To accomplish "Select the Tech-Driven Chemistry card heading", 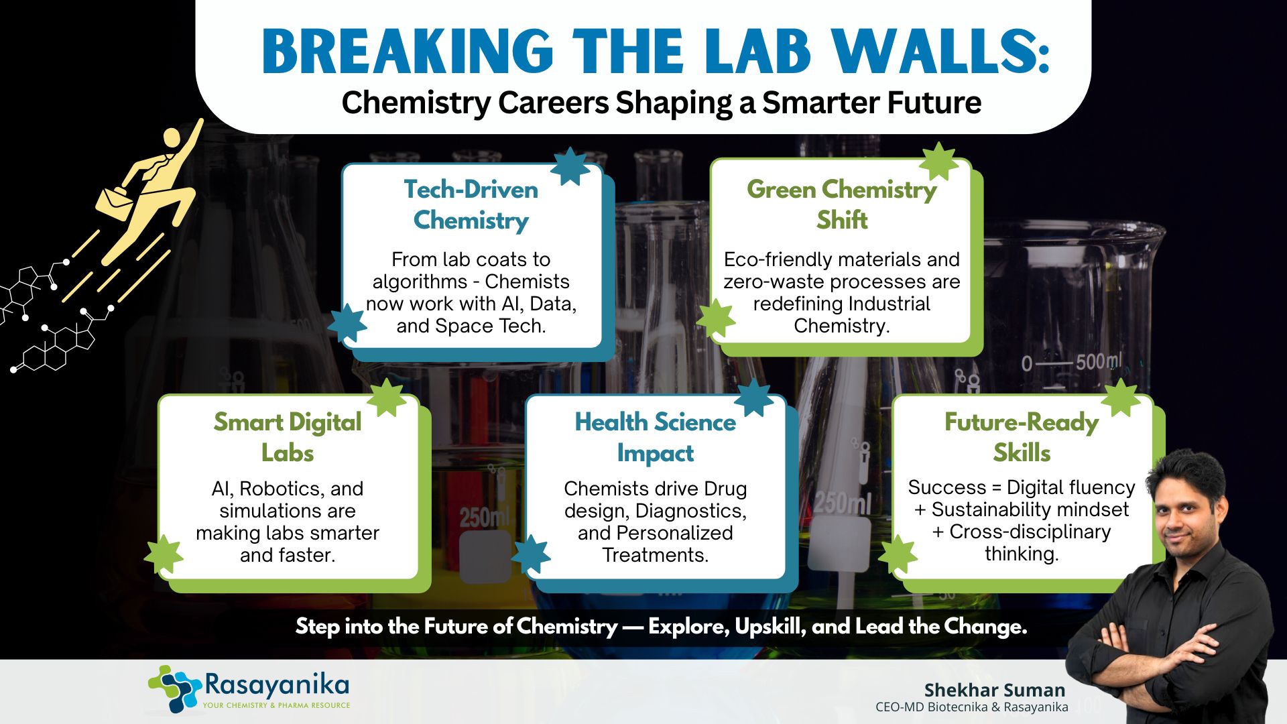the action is [471, 205].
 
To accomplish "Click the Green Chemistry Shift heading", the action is [842, 204].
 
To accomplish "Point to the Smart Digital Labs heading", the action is [288, 437].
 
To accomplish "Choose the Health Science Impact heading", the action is [656, 437].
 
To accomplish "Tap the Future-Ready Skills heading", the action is [1022, 437].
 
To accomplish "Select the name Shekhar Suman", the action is [995, 690].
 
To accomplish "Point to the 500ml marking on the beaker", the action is [1099, 361].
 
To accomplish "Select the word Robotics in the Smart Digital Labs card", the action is [282, 489].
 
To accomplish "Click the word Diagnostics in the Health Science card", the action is [690, 511].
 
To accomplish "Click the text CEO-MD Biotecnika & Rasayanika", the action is [972, 707].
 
